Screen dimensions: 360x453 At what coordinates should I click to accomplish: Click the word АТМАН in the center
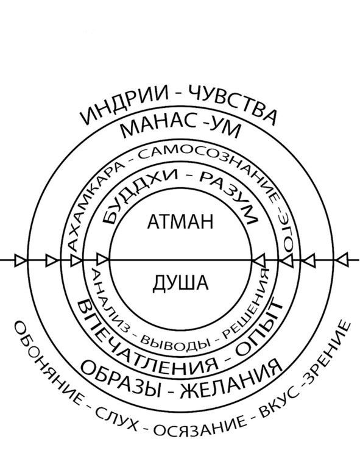click(180, 222)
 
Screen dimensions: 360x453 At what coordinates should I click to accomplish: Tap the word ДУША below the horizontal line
click(180, 282)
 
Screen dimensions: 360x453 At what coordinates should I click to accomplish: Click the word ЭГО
click(287, 234)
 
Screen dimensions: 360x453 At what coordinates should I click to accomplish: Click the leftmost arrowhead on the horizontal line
click(19, 260)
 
